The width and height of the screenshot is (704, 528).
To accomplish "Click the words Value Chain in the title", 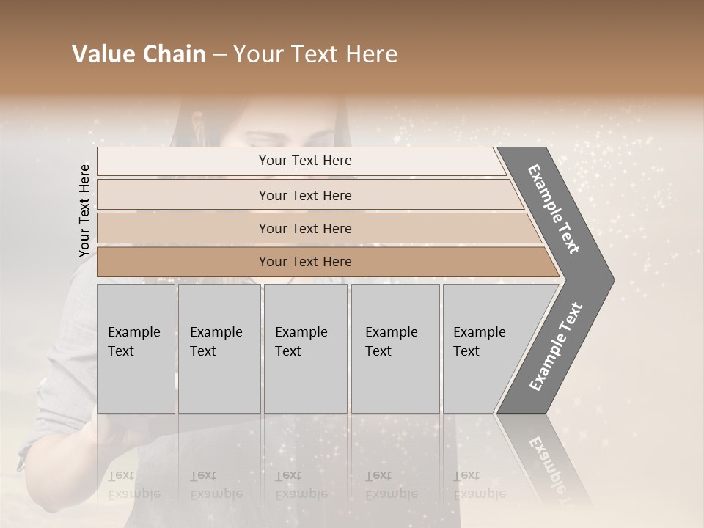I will pyautogui.click(x=139, y=54).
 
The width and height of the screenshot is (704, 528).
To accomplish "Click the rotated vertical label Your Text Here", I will pyautogui.click(x=84, y=210).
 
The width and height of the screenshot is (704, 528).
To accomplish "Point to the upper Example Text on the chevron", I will pyautogui.click(x=554, y=209).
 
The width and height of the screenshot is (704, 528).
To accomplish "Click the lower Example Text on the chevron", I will pyautogui.click(x=556, y=347).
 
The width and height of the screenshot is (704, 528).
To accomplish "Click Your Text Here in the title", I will pyautogui.click(x=315, y=54).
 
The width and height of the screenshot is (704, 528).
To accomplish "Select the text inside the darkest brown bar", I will pyautogui.click(x=305, y=262).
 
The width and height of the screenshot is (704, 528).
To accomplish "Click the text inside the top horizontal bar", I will pyautogui.click(x=305, y=161).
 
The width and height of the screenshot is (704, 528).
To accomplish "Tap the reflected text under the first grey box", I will pyautogui.click(x=133, y=485).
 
